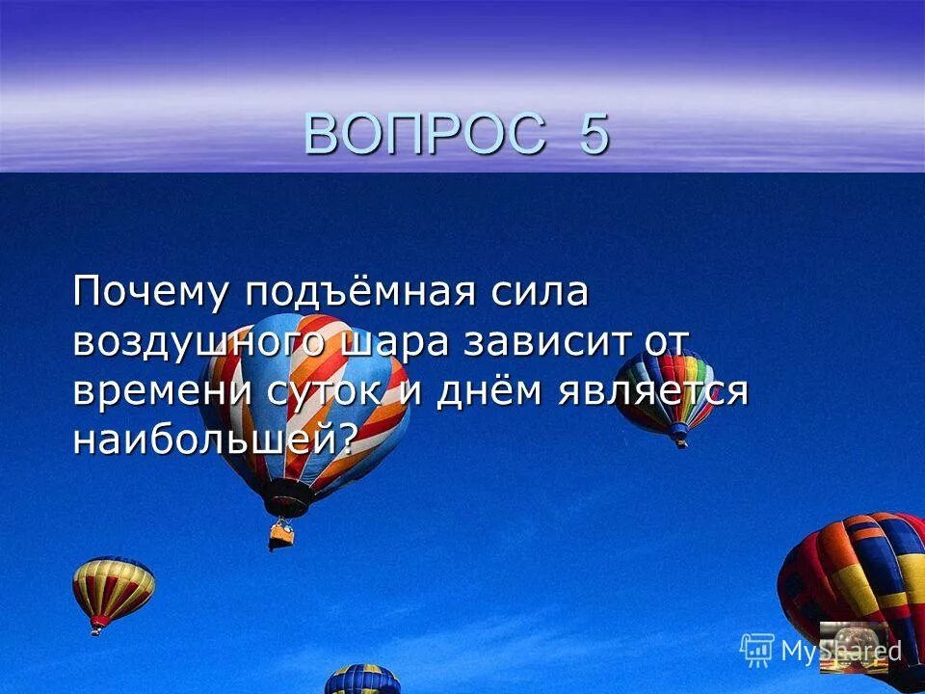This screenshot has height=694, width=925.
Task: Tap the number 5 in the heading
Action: point(594,134)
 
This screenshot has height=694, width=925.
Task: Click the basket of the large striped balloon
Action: point(281,532)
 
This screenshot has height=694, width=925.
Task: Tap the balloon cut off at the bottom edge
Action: point(362,680)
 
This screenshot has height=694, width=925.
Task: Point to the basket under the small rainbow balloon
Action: point(681,440)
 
